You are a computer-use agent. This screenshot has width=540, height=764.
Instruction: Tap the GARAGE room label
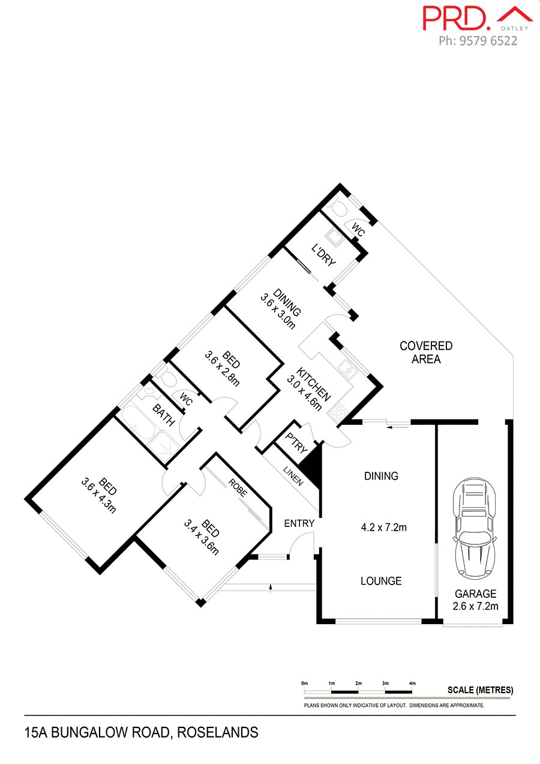475,594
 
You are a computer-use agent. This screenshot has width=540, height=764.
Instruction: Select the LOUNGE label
381,581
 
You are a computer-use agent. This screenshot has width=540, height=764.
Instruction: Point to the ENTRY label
299,523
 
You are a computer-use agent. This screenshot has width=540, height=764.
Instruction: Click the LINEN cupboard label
294,474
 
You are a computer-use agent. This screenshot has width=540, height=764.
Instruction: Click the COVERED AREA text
426,353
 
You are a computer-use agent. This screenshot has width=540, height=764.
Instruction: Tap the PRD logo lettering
457,17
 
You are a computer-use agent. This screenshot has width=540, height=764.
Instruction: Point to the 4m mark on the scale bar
412,684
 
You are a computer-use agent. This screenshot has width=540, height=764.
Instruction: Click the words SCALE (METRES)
480,690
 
